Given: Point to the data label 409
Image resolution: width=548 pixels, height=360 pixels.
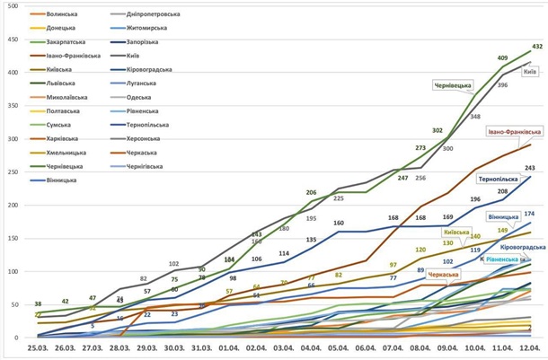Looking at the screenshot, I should pyautogui.click(x=502, y=58).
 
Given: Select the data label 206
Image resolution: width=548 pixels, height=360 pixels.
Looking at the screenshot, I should pyautogui.click(x=311, y=192).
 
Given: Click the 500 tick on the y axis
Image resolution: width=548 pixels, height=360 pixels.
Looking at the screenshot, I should pyautogui.click(x=13, y=8).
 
